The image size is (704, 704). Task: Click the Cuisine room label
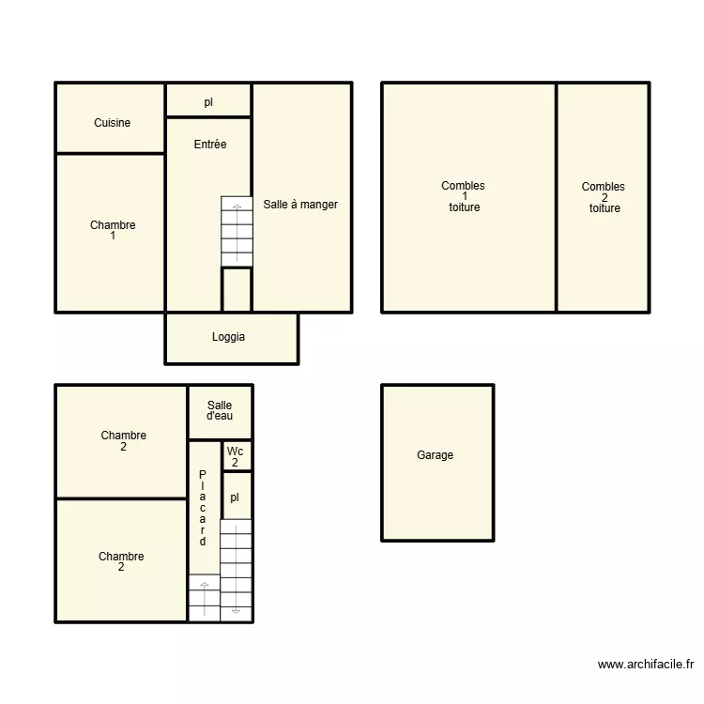(x=113, y=123)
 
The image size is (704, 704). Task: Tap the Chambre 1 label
(x=113, y=230)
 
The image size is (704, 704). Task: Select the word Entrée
(x=210, y=145)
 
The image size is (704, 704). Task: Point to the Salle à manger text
(x=300, y=205)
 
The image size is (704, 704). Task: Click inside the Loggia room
(x=231, y=339)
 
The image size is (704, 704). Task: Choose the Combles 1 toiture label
(x=464, y=196)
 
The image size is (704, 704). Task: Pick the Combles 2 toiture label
(x=604, y=197)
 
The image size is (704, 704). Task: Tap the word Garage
(x=435, y=455)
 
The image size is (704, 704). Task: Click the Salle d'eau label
(x=220, y=410)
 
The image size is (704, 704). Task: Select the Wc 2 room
(x=237, y=456)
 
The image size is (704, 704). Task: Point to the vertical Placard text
(x=203, y=508)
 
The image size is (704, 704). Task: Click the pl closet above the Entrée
(x=208, y=100)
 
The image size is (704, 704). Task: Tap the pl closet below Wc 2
(x=237, y=497)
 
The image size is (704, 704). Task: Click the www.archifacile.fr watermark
(x=646, y=664)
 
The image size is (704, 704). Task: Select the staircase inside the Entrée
(x=237, y=231)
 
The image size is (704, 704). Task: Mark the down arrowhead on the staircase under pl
(x=236, y=611)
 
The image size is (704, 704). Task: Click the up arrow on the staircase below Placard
(x=205, y=600)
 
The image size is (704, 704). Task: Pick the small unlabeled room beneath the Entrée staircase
(x=237, y=290)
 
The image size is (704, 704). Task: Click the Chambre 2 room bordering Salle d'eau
(x=121, y=442)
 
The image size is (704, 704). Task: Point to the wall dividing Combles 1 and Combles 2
(x=557, y=197)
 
